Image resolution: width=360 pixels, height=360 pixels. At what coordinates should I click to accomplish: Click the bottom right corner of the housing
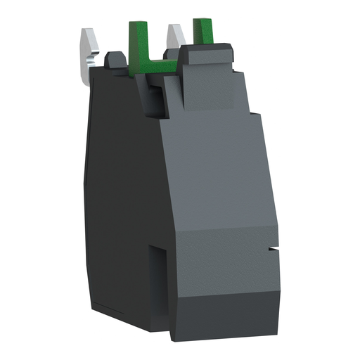coord(268,316)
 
